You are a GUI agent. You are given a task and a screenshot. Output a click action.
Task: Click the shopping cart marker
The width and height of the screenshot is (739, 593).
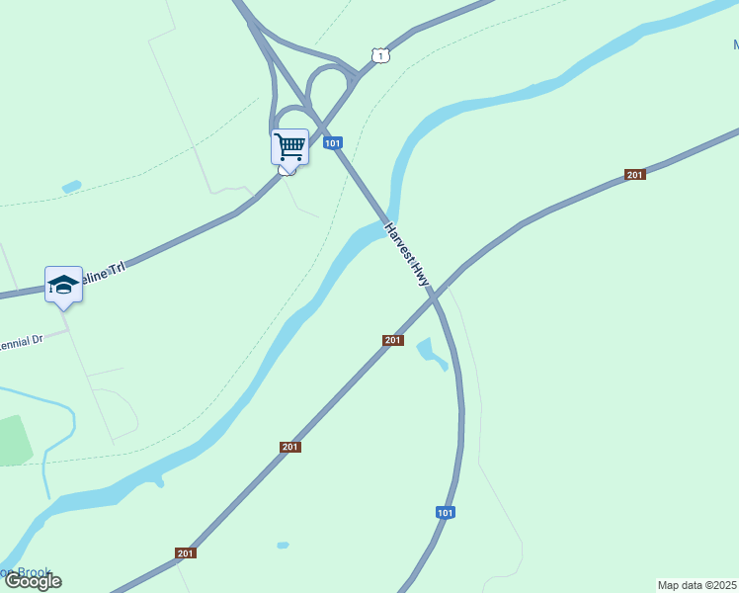[289, 147]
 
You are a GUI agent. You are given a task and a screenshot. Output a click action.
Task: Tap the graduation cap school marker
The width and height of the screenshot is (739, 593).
[63, 284]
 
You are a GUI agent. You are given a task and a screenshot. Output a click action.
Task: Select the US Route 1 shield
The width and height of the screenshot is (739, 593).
[379, 55]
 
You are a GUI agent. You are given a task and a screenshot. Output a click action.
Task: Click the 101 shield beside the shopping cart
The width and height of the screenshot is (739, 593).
[333, 143]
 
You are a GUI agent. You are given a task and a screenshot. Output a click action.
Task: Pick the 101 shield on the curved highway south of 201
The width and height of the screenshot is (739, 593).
[446, 512]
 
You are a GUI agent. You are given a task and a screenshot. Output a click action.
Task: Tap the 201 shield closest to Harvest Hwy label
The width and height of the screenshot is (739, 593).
[393, 340]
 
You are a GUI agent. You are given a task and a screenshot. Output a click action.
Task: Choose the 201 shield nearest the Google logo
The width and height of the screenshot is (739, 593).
[186, 552]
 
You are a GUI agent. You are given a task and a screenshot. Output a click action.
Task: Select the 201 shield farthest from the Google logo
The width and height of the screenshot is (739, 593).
[634, 175]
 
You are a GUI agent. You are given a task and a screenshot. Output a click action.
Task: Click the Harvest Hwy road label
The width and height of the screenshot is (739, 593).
[408, 254]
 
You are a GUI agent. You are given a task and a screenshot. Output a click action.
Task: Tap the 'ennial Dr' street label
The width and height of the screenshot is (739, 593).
[22, 340]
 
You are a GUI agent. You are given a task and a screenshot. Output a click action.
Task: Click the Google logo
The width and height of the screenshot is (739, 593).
[33, 581]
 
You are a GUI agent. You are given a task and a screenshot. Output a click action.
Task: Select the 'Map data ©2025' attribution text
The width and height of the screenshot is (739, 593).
[697, 584]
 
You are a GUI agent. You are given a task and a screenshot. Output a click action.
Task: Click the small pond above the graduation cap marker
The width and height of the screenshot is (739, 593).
[71, 186]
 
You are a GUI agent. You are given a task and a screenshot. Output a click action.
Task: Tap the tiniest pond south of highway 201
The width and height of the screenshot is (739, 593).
[283, 545]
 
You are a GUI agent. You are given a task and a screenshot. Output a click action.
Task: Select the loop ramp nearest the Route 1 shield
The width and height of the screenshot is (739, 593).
[328, 83]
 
